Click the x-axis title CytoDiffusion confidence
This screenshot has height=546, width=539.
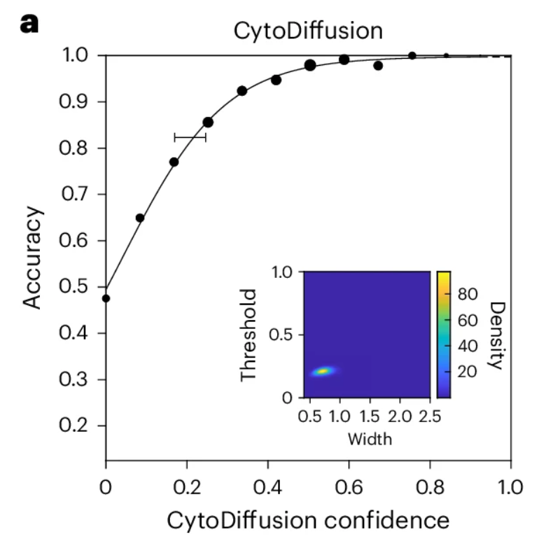click(308, 521)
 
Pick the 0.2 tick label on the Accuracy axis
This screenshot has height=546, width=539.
click(76, 426)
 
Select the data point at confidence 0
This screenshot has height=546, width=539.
click(106, 298)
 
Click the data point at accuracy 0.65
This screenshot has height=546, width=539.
click(140, 218)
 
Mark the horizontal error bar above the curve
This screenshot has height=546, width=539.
click(190, 137)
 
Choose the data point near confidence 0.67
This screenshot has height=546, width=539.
click(378, 66)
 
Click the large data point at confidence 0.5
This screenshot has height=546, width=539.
click(310, 65)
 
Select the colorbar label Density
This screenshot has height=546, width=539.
click(496, 335)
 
